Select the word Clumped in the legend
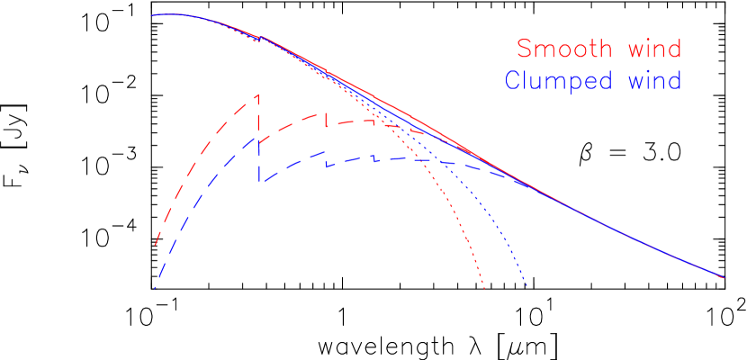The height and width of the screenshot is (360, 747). [x=559, y=81]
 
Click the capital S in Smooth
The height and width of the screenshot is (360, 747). [x=525, y=48]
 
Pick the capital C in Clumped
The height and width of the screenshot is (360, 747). [x=513, y=80]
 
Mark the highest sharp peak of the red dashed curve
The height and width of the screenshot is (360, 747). [x=259, y=94]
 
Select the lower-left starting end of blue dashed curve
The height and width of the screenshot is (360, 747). [x=155, y=288]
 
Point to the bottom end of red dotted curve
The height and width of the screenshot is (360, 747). [x=485, y=289]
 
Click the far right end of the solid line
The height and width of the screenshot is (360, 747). [x=724, y=278]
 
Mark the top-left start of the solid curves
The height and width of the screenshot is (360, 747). [x=153, y=15]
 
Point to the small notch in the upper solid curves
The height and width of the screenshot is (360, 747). [x=259, y=38]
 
